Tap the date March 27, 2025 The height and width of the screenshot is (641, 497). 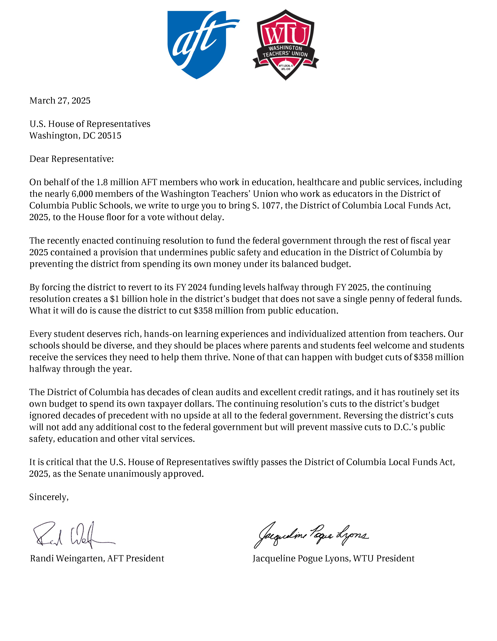[60, 101]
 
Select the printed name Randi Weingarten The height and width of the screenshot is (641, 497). [67, 558]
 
